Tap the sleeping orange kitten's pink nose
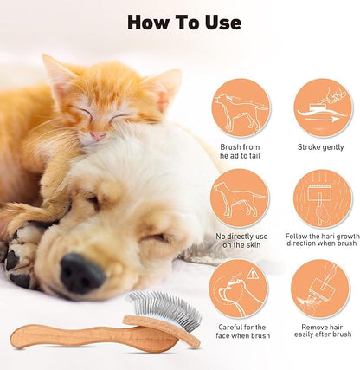tap(100, 135)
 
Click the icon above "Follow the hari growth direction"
tap(321, 198)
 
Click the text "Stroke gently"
tap(321, 147)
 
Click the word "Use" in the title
tap(219, 22)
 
